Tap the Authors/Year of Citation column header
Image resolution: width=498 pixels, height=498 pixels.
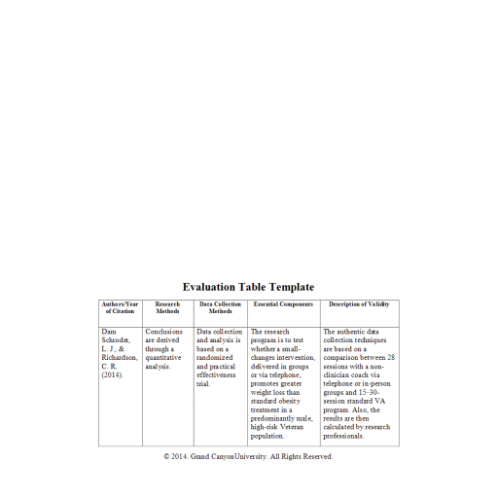120,307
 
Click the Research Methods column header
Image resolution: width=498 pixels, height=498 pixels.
167,307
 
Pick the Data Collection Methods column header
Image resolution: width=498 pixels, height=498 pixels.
221,307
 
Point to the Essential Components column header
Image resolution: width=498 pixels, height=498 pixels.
283,304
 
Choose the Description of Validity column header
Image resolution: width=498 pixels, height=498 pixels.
358,304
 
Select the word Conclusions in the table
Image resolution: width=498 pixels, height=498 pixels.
163,332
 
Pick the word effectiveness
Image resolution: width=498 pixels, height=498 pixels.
219,375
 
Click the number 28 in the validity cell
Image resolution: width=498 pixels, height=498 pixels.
391,358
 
